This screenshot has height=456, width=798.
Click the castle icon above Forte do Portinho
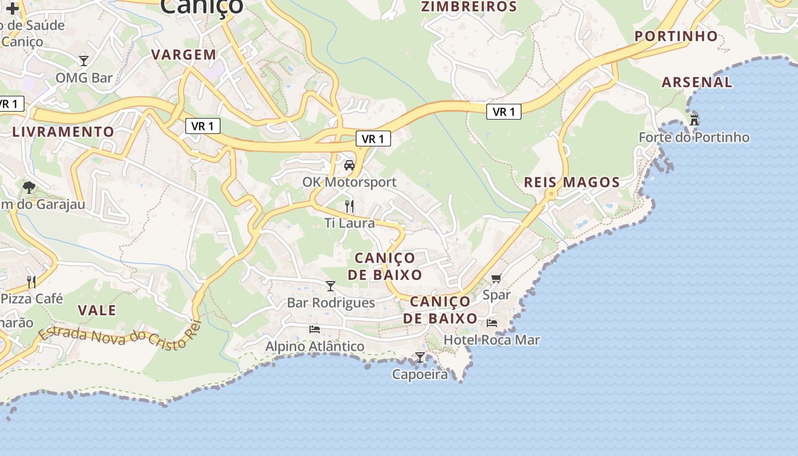[x=694, y=120]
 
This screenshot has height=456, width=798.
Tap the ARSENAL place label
[x=697, y=82]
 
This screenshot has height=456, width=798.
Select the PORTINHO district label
[x=676, y=36]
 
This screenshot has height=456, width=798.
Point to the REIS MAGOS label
[x=572, y=182]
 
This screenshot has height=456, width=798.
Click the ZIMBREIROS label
[x=469, y=7]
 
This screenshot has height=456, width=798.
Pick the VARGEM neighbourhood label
[x=184, y=55]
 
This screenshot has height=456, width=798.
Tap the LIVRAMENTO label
[x=63, y=132]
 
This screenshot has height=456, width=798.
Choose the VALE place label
[x=97, y=311]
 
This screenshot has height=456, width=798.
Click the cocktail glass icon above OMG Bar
[x=84, y=60]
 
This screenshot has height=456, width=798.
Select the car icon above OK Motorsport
[x=349, y=165]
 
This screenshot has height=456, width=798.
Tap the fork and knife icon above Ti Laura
[x=349, y=206]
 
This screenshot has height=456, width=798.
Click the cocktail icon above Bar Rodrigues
[x=331, y=286]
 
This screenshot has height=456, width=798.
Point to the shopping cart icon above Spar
[x=496, y=278]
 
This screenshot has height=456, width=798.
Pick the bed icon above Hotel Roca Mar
[x=491, y=323]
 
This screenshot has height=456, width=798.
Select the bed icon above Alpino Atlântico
[x=314, y=329]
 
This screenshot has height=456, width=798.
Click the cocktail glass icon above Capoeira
[x=420, y=357]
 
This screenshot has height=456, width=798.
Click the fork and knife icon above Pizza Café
[x=31, y=282]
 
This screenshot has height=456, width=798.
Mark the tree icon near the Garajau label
[x=28, y=187]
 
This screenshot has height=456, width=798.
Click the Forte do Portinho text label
[x=694, y=137]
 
